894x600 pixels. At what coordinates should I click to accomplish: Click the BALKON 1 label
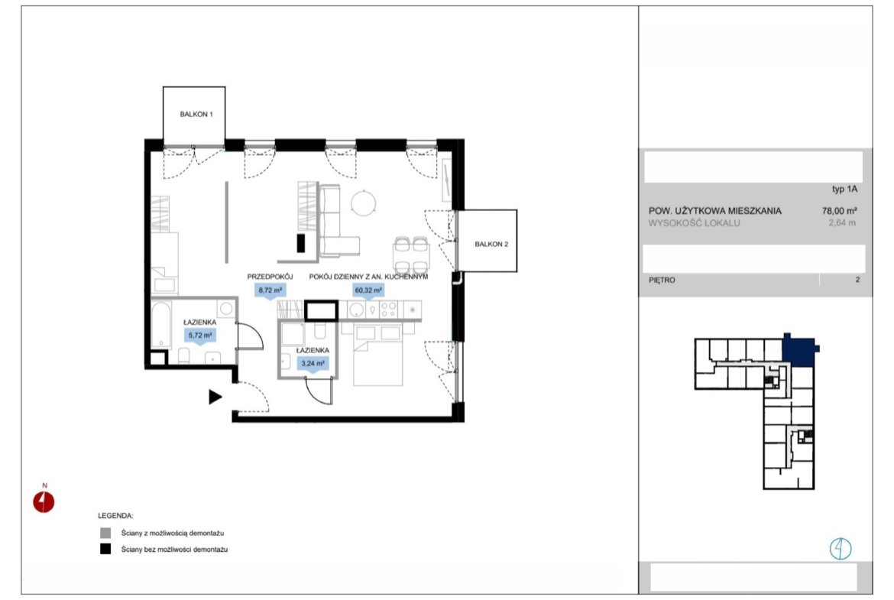[196, 114]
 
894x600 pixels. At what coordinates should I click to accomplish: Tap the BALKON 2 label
[491, 244]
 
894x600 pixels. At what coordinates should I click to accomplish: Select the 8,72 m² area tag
[270, 290]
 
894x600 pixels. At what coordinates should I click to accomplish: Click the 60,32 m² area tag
[368, 290]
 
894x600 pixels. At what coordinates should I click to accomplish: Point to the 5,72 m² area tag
[200, 336]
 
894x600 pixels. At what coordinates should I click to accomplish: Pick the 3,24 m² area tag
[313, 363]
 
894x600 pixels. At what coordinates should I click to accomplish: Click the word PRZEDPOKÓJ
[270, 277]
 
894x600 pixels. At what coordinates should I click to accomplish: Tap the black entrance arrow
[215, 397]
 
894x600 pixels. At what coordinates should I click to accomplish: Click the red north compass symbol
[44, 502]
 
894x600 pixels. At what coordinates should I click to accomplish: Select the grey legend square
[105, 534]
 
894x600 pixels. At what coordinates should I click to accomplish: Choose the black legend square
[105, 550]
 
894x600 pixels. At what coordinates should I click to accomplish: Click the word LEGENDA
[115, 516]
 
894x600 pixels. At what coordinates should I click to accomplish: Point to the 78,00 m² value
[839, 210]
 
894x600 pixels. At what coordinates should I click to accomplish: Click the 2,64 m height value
[842, 223]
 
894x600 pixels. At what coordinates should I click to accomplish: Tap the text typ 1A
[844, 190]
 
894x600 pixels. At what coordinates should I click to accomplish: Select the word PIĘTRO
[662, 280]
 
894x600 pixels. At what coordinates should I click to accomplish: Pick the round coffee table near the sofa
[363, 203]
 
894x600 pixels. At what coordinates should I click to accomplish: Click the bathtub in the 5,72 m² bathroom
[161, 324]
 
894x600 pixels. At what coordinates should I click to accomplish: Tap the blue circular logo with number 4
[840, 549]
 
